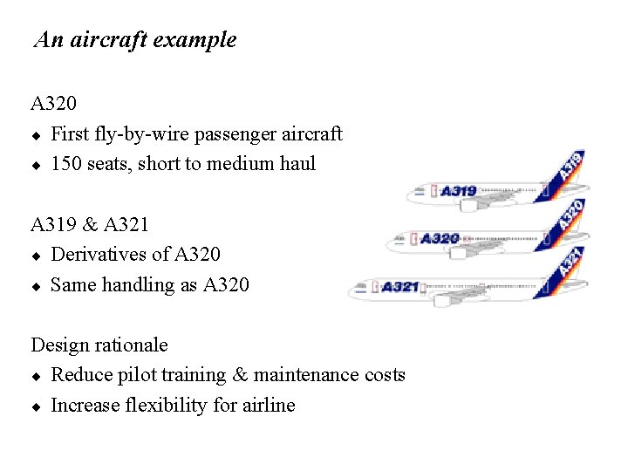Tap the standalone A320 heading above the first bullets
54,105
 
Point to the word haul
297,164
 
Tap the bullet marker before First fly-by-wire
37,135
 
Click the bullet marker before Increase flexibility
37,406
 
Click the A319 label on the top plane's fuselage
458,191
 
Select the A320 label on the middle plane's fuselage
440,238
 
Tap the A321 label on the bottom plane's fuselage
400,286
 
